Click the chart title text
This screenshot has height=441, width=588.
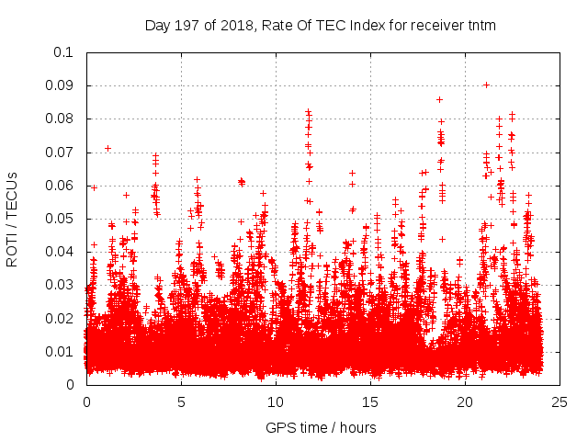point(321,26)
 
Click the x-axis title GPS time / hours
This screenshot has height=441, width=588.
point(321,427)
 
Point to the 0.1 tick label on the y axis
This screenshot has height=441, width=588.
point(64,52)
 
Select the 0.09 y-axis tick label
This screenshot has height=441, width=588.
point(61,85)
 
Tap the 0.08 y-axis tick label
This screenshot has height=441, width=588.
point(61,119)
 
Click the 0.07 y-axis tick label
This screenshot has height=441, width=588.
point(61,153)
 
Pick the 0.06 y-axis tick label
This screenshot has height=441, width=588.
point(61,186)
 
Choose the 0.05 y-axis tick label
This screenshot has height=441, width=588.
point(61,219)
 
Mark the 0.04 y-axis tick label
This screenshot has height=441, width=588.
point(61,252)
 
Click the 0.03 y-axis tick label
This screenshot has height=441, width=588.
point(61,285)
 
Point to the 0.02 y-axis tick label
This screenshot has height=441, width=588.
point(61,319)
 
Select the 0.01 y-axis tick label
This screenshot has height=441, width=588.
point(61,352)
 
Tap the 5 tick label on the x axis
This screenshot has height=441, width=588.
point(181,401)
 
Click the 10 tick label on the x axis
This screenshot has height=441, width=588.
point(276,401)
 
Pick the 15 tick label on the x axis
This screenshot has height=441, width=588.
point(370,401)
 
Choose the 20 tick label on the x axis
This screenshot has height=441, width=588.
point(465,401)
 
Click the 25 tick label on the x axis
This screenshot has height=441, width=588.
point(560,401)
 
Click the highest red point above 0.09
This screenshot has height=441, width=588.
point(486,85)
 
